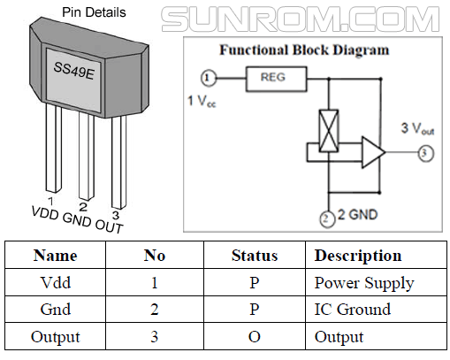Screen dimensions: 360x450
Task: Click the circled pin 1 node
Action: point(208,78)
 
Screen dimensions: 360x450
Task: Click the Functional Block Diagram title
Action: point(303,50)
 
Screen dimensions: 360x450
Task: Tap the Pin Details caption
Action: point(94,12)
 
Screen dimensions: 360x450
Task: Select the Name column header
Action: point(55,256)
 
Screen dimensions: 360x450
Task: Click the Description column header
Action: point(357,256)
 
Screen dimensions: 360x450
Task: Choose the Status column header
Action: point(255,256)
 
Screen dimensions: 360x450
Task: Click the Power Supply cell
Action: point(363,283)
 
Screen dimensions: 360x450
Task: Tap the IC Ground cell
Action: point(352,310)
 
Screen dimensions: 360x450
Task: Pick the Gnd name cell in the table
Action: point(55,310)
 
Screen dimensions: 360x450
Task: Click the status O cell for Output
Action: point(255,337)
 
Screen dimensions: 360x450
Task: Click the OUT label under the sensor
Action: point(110,224)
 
